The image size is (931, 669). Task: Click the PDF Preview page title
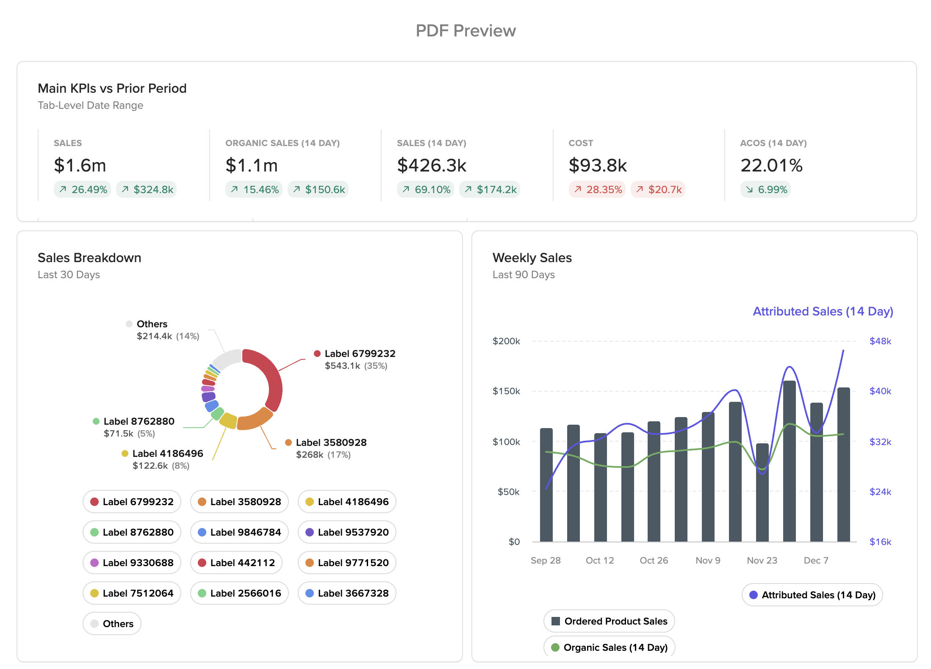tap(465, 31)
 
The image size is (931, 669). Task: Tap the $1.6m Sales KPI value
tap(80, 165)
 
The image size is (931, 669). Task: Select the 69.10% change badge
tap(425, 189)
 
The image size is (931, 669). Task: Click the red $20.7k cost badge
tap(658, 189)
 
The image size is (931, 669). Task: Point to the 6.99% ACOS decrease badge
tap(765, 189)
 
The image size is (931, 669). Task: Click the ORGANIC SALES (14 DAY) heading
tap(283, 143)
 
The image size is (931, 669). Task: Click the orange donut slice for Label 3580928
tap(254, 420)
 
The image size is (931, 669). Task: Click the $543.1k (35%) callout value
tap(356, 366)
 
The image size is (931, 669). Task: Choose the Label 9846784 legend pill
tap(239, 532)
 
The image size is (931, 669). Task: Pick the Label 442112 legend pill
tap(236, 563)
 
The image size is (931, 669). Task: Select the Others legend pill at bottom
tap(112, 624)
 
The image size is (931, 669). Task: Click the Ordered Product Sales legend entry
tap(609, 621)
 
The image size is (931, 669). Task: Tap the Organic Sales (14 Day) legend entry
tap(609, 647)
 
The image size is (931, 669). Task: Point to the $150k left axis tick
tap(506, 391)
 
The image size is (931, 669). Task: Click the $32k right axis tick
tap(880, 442)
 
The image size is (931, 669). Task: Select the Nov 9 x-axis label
tap(708, 560)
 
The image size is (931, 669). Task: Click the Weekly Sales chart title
tap(532, 258)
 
